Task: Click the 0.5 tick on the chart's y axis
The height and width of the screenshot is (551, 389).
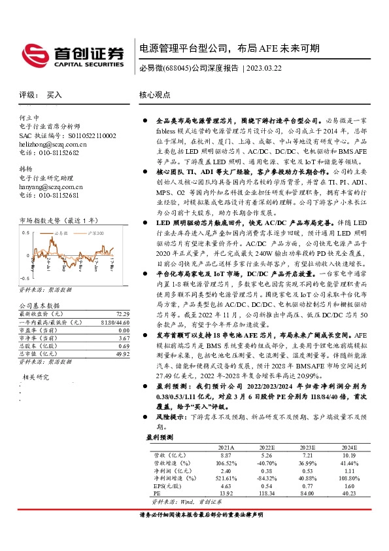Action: (x=25, y=232)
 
